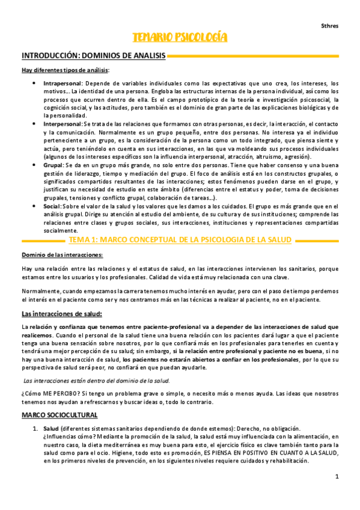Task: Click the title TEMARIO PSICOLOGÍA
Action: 180,38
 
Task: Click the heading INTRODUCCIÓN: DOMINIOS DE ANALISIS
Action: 93,56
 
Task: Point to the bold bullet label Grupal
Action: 54,163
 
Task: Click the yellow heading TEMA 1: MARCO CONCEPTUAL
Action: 180,239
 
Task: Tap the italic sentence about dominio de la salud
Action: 96,381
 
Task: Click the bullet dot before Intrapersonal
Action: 34,84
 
